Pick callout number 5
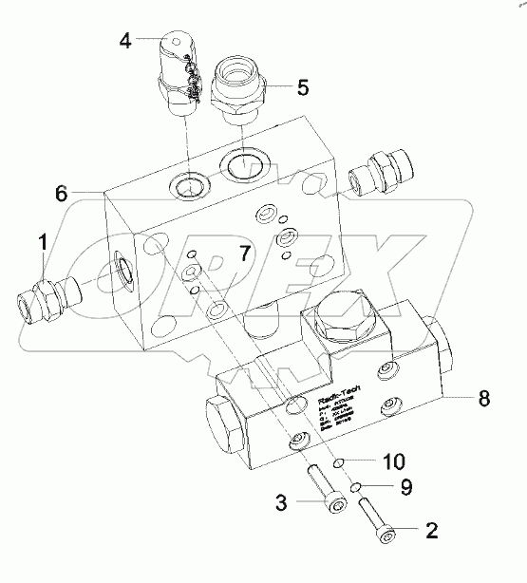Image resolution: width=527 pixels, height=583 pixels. [x=303, y=87]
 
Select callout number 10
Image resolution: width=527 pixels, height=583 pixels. [x=394, y=461]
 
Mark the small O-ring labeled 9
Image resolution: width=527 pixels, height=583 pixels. [x=354, y=487]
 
